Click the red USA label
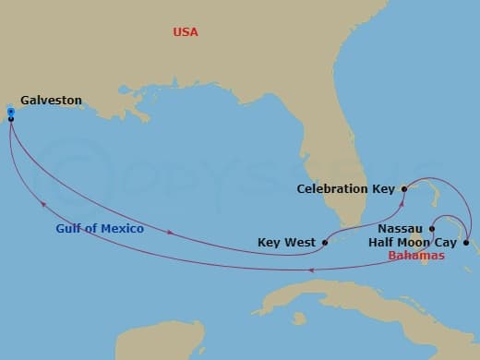[186, 32]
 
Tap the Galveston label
[51, 101]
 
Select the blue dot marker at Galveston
[10, 112]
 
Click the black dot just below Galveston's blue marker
[10, 119]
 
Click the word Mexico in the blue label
[123, 229]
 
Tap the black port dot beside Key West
[325, 244]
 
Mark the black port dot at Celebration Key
[403, 188]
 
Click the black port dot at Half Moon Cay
[465, 243]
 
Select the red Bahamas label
[416, 256]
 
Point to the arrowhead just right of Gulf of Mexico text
[169, 231]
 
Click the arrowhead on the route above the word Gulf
[42, 202]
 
